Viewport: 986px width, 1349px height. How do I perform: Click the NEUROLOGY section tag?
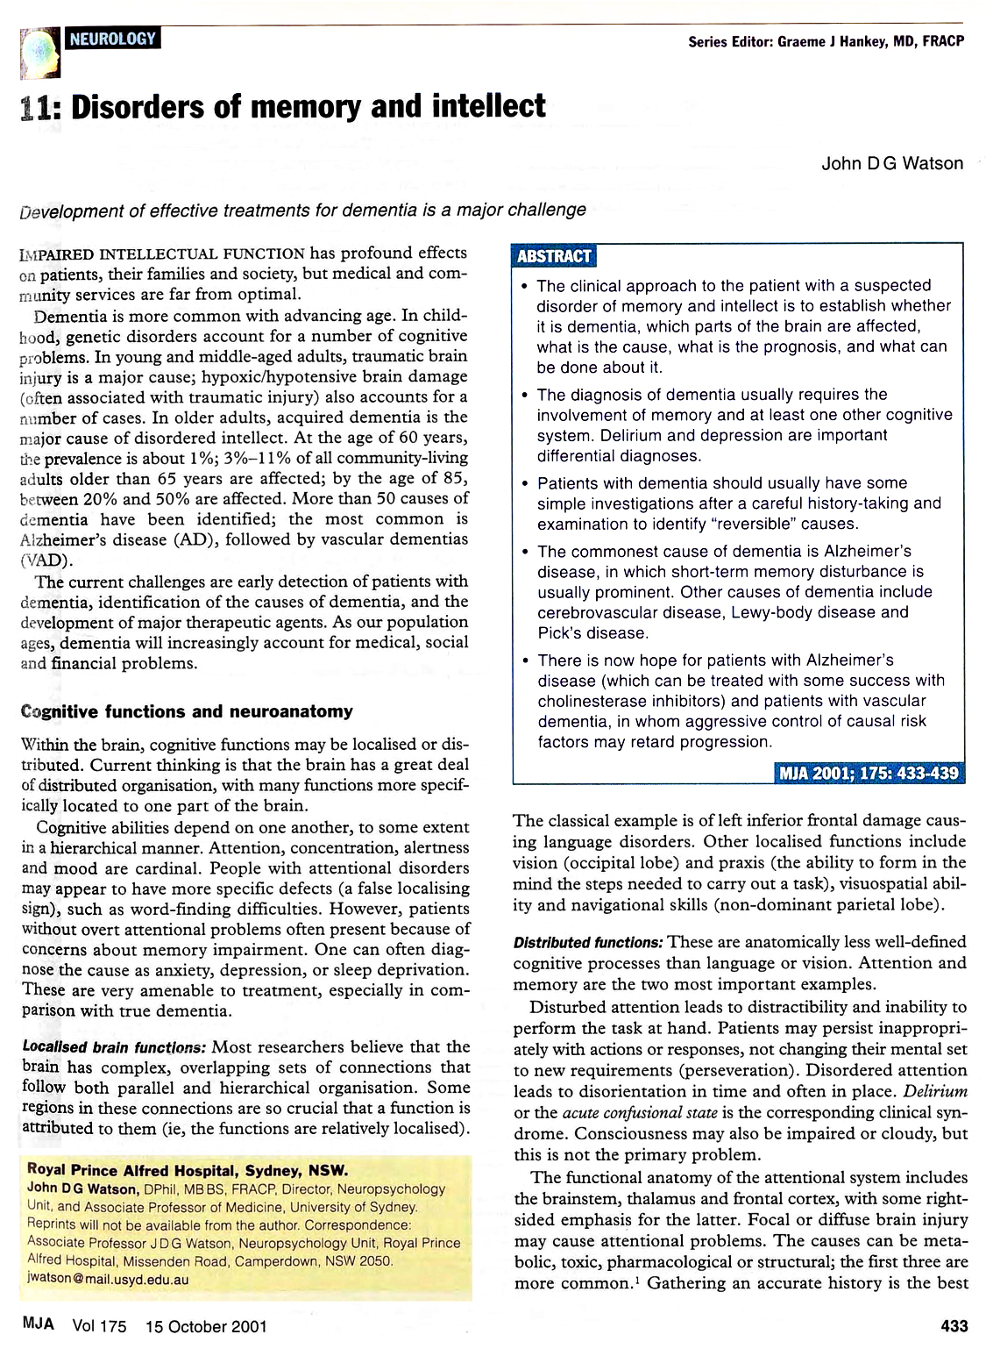112,39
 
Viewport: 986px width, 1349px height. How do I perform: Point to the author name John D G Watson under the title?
892,163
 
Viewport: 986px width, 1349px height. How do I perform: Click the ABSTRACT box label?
554,256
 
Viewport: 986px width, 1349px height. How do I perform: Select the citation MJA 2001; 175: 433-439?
869,773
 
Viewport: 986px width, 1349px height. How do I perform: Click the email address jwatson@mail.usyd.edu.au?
108,1279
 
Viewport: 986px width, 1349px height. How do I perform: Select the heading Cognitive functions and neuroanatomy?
186,711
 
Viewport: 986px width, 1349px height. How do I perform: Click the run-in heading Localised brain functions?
114,1047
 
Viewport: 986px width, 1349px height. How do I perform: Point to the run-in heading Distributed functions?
588,943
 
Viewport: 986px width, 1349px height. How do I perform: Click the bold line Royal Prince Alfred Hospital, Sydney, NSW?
188,1170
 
